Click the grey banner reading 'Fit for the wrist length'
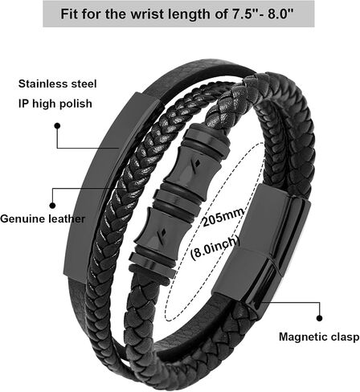pyautogui.click(x=178, y=14)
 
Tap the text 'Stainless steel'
pyautogui.click(x=57, y=84)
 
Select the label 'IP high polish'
pyautogui.click(x=55, y=104)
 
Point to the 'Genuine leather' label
pyautogui.click(x=43, y=218)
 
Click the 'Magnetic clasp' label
pyautogui.click(x=319, y=337)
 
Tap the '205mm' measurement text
pyautogui.click(x=223, y=217)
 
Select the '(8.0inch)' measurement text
pyautogui.click(x=215, y=247)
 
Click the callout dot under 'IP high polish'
pyautogui.click(x=57, y=126)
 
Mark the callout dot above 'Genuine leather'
pyautogui.click(x=52, y=206)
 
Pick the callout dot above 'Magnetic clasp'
pyautogui.click(x=319, y=318)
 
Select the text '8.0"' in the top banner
pyautogui.click(x=281, y=14)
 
